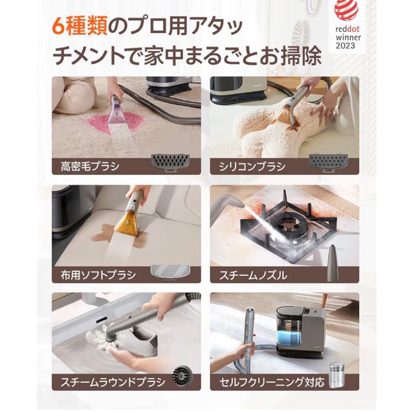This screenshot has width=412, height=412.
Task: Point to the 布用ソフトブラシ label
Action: (98, 275)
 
